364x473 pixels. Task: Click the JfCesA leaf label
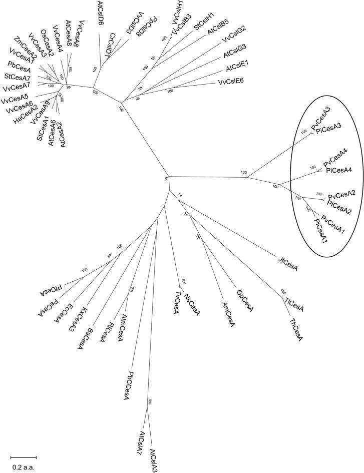[288, 261]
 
